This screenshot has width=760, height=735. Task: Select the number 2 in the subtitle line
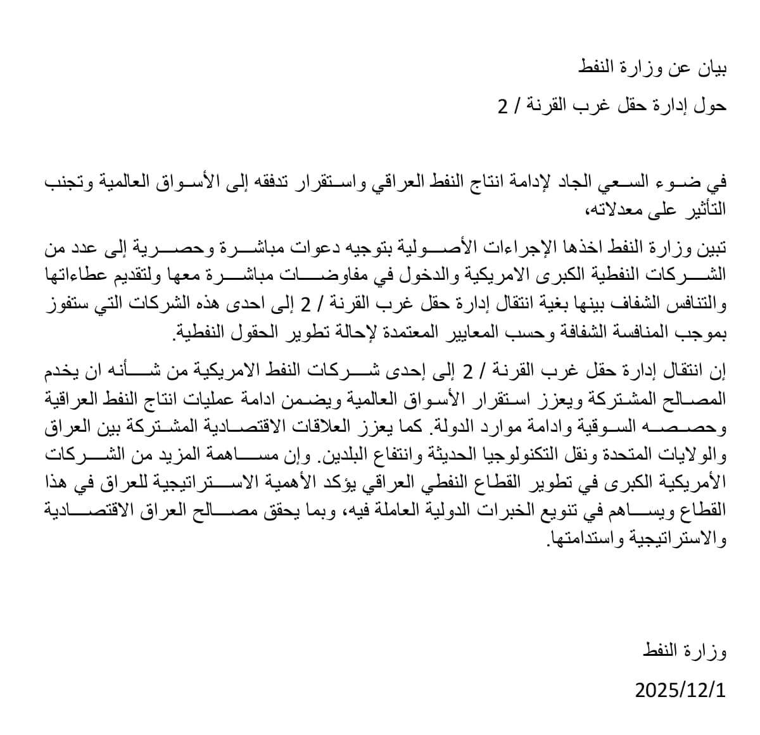coord(502,106)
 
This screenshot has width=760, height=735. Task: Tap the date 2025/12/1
coord(680,689)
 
